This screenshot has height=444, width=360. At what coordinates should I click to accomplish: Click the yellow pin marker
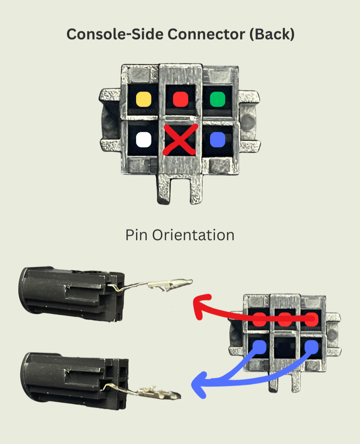tap(143, 99)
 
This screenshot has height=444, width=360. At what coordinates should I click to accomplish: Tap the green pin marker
tap(217, 99)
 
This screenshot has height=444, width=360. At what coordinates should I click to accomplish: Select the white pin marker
tap(143, 139)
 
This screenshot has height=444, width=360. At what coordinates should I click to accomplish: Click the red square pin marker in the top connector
tap(180, 99)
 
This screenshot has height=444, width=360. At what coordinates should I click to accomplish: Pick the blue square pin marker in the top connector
tap(217, 139)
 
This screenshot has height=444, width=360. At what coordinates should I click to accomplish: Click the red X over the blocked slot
tap(180, 139)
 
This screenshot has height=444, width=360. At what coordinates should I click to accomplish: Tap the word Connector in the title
tap(206, 34)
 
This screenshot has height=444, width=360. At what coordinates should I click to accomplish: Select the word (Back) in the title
tap(272, 34)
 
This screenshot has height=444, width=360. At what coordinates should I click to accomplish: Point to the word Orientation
tap(193, 235)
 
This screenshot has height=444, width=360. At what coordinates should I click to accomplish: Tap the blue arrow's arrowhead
tap(199, 385)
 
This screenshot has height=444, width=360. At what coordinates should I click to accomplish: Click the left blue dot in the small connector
tap(260, 347)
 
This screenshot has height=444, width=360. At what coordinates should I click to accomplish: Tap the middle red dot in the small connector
tap(285, 320)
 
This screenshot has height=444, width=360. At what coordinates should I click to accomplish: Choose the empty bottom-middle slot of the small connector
tap(285, 347)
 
